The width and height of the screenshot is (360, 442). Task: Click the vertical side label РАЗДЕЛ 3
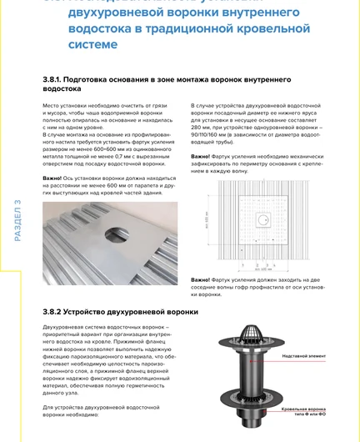pyautogui.click(x=17, y=222)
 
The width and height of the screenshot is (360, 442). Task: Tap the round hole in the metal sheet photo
pyautogui.click(x=127, y=234)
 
